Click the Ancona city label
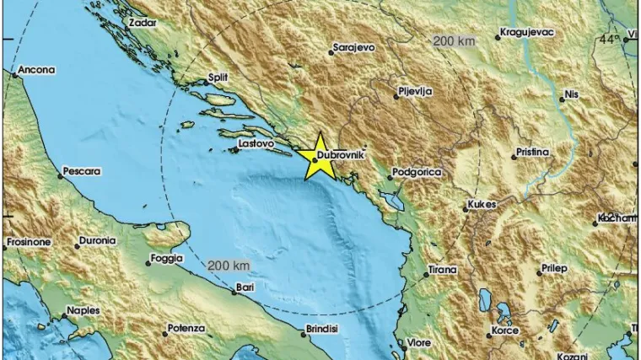[35, 70]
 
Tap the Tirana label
[441, 270]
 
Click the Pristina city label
[533, 153]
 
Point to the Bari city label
[245, 287]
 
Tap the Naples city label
[83, 310]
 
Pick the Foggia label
[166, 259]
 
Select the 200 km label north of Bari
[229, 266]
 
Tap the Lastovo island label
[257, 144]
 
